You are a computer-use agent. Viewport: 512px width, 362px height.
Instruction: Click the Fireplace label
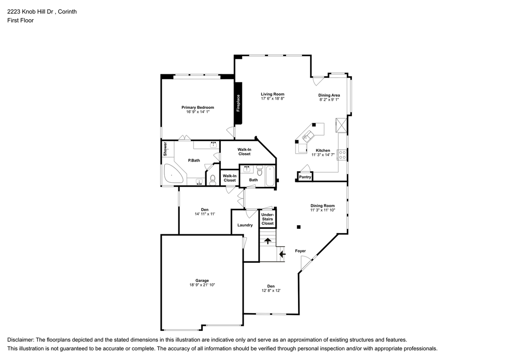(238, 103)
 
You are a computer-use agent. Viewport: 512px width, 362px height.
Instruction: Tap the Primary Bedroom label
(198, 108)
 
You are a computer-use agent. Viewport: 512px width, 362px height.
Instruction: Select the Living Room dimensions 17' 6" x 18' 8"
(273, 98)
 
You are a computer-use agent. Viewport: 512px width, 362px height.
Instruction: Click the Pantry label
(305, 177)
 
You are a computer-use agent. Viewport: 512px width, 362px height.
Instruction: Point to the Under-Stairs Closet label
(268, 219)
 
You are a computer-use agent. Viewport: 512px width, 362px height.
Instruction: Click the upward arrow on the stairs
(268, 241)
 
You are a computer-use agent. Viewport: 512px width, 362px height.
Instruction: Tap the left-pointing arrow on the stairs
(282, 254)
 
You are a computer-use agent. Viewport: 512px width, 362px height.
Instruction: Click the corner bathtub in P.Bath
(173, 173)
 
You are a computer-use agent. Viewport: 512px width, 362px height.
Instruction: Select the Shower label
(165, 149)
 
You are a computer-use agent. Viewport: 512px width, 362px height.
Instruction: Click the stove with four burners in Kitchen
(342, 154)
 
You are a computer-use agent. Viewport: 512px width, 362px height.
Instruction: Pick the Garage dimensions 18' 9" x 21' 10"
(202, 285)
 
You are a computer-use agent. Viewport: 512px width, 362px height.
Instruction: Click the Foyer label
(300, 251)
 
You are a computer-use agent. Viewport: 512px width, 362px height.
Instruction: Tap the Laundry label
(245, 225)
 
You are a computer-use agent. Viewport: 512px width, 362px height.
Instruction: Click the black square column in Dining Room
(298, 227)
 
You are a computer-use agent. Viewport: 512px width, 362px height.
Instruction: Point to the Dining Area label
(329, 95)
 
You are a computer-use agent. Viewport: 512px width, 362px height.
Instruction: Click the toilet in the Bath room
(260, 170)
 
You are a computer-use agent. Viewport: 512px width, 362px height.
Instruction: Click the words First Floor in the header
(20, 20)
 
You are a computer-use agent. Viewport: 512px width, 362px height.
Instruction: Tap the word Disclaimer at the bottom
(20, 340)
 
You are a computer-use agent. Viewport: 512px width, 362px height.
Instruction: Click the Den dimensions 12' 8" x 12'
(271, 291)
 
